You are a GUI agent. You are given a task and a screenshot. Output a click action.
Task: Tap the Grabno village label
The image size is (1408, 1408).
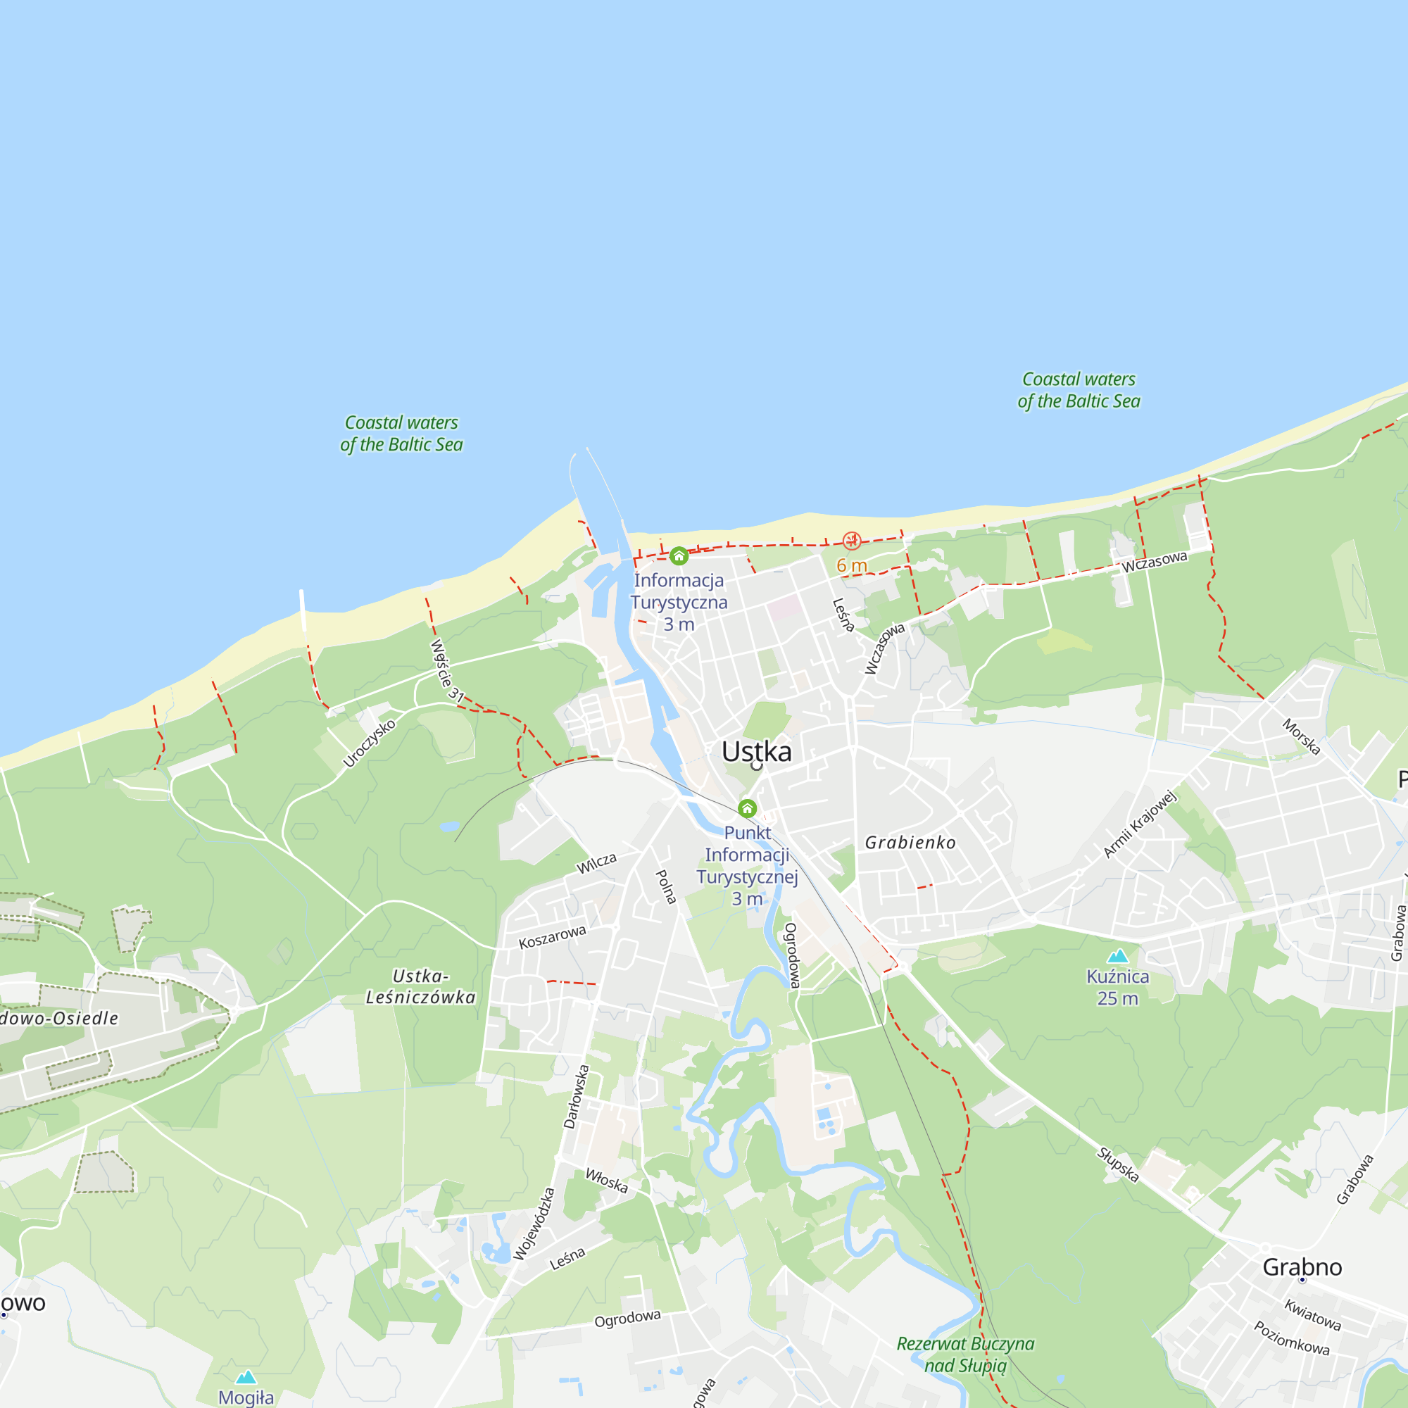pyautogui.click(x=1302, y=1266)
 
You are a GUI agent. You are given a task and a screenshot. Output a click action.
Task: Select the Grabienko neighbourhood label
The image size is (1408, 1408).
pyautogui.click(x=910, y=843)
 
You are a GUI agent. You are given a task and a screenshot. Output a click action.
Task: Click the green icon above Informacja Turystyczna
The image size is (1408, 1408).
pyautogui.click(x=679, y=557)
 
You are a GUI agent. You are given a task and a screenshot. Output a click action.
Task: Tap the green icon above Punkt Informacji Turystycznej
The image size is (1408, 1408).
pyautogui.click(x=747, y=808)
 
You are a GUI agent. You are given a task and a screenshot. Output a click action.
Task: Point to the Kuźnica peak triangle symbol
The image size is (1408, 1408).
pyautogui.click(x=1117, y=956)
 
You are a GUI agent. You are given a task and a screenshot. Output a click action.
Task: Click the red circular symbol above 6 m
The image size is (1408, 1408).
pyautogui.click(x=851, y=541)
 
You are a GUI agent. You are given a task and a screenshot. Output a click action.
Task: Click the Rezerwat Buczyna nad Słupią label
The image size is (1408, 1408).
pyautogui.click(x=965, y=1354)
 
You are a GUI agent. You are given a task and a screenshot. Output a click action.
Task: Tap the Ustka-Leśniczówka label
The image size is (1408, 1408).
pyautogui.click(x=420, y=987)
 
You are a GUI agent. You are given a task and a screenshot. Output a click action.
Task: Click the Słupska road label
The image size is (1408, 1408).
pyautogui.click(x=1118, y=1164)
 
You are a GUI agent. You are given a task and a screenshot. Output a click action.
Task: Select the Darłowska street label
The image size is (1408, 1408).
pyautogui.click(x=577, y=1097)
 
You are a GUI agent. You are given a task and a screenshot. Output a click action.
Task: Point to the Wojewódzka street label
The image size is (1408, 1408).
pyautogui.click(x=534, y=1224)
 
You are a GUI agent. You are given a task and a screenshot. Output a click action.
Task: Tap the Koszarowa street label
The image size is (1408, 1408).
pyautogui.click(x=552, y=937)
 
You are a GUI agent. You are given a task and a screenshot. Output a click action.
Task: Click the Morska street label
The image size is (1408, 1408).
pyautogui.click(x=1301, y=737)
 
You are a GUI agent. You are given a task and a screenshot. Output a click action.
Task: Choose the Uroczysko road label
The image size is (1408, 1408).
pyautogui.click(x=369, y=743)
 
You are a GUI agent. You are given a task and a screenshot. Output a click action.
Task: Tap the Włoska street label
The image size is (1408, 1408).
pyautogui.click(x=606, y=1181)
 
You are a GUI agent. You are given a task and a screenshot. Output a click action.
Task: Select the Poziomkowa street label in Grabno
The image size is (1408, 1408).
pyautogui.click(x=1291, y=1338)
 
